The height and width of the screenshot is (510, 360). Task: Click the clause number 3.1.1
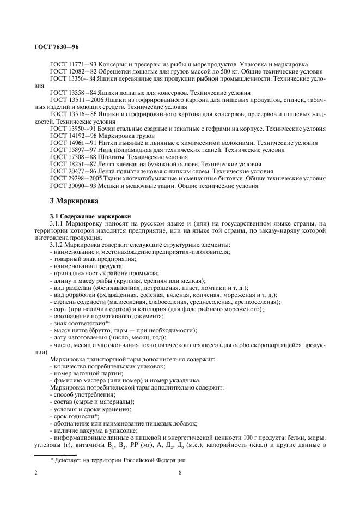point(58,223)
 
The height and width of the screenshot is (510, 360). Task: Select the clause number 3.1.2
point(58,245)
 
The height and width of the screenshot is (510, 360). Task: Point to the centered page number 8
point(180,472)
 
